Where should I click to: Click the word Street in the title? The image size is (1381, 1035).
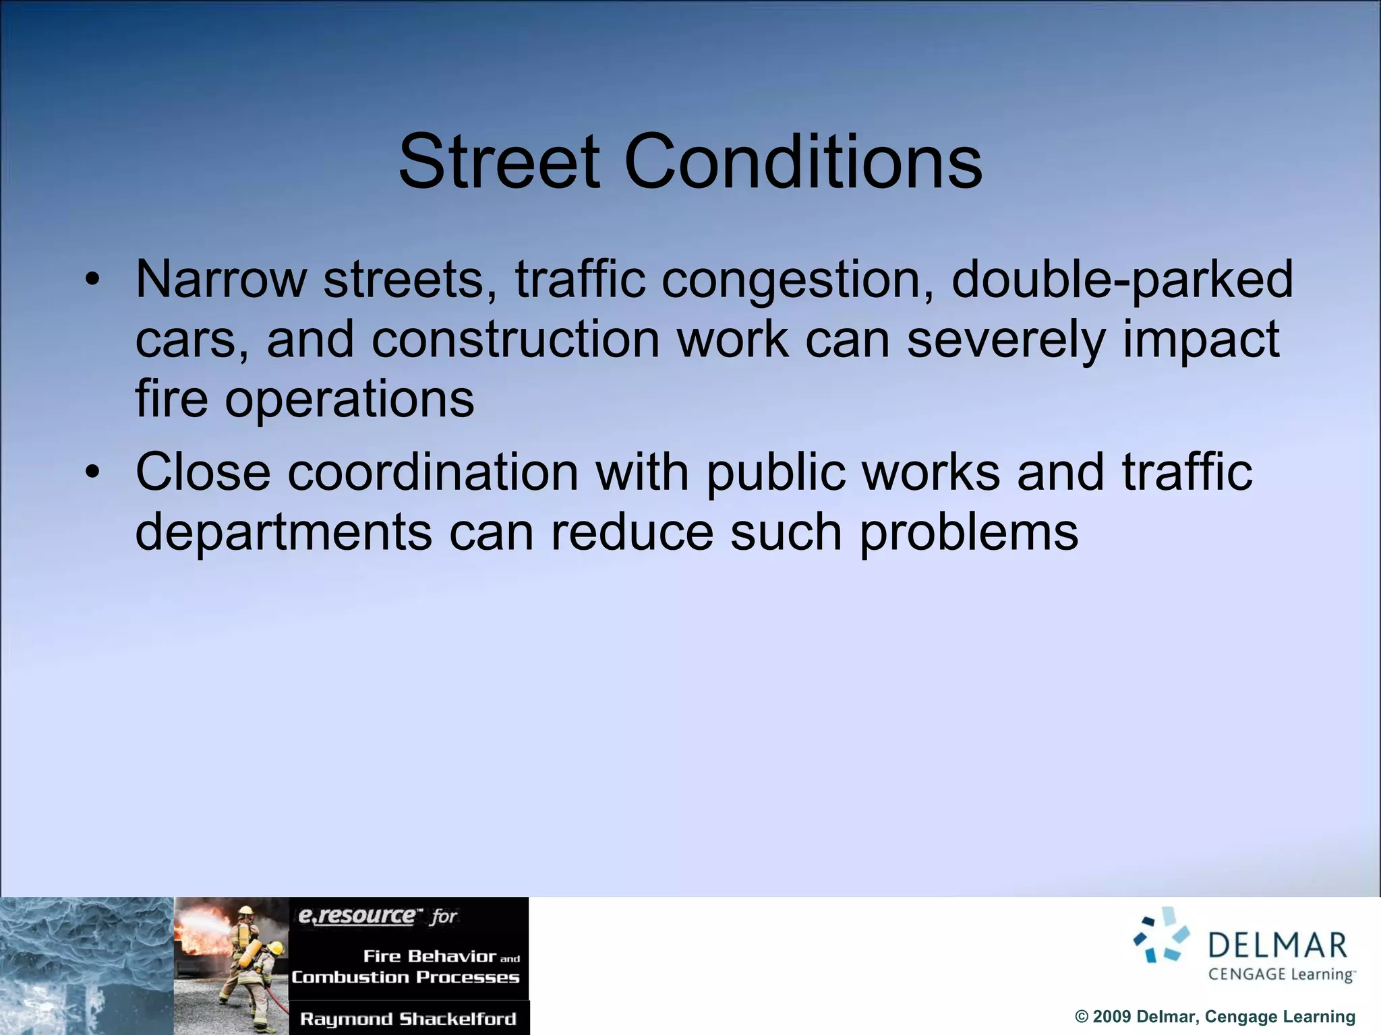pos(499,162)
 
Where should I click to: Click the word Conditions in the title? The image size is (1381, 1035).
pos(803,162)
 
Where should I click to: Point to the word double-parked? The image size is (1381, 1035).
pos(1122,280)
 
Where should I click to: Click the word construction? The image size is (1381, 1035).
pos(515,340)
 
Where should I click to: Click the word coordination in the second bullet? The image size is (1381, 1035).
pos(433,472)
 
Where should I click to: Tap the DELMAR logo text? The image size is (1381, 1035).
pos(1278,945)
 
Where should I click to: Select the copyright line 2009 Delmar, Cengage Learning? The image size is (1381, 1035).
pos(1214,1017)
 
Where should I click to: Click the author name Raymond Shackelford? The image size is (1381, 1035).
pos(408,1018)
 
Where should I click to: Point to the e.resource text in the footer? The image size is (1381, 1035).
pos(357,916)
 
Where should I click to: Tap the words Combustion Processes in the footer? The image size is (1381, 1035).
pos(405,977)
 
